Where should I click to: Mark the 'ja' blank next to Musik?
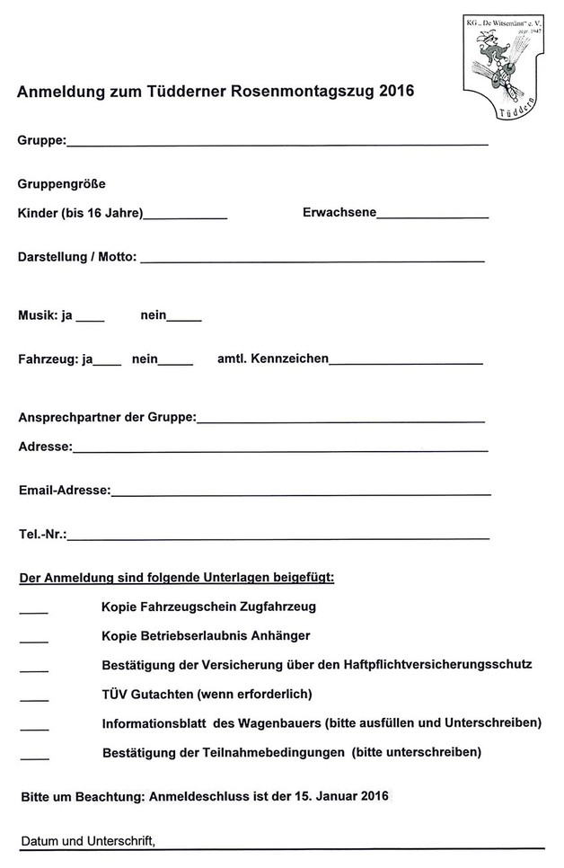(x=91, y=319)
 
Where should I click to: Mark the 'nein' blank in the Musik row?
(x=184, y=319)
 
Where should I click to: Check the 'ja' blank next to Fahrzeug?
(x=107, y=363)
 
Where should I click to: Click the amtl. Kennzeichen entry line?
(x=406, y=363)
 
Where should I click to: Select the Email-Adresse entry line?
(x=301, y=493)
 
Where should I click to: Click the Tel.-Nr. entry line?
(x=278, y=537)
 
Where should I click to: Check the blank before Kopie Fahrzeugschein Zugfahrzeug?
(x=33, y=611)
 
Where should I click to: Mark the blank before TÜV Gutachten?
(x=33, y=699)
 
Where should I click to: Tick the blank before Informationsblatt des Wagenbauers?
(x=33, y=729)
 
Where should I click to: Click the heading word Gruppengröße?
(x=62, y=183)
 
